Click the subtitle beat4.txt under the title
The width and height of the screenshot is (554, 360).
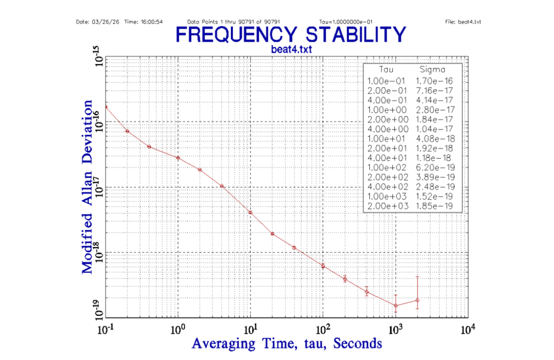(x=291, y=49)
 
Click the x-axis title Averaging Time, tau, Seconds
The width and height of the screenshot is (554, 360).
(x=287, y=343)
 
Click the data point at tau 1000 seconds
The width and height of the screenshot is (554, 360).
(x=395, y=306)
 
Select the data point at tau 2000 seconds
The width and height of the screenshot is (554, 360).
(x=417, y=300)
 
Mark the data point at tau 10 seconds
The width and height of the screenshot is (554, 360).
(x=250, y=212)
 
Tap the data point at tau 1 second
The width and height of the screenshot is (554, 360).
(x=178, y=157)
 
